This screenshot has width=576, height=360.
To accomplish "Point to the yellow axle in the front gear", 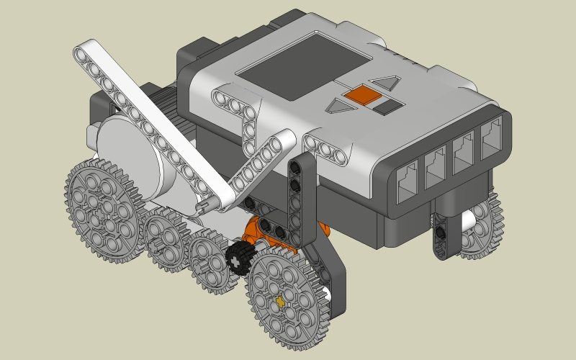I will coord(280,301).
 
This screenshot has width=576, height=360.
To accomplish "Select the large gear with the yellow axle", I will coord(287,292).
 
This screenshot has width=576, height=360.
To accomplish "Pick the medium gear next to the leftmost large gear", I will coord(165,241).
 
